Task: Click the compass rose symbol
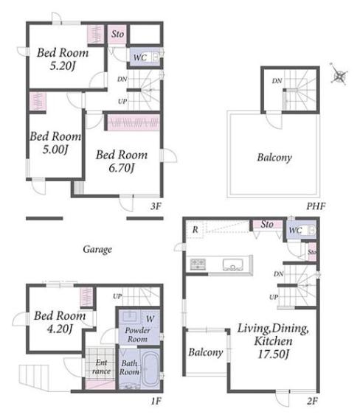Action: [x=339, y=74]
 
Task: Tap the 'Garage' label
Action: [x=97, y=250]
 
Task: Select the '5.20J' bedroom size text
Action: [x=62, y=66]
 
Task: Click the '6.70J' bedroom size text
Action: [x=121, y=168]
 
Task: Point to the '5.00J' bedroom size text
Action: [x=55, y=150]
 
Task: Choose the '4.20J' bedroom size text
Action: [x=60, y=329]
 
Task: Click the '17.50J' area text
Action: [x=273, y=354]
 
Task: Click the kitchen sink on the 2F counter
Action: [x=233, y=265]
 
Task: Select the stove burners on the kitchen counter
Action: [x=198, y=264]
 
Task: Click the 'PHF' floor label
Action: [x=316, y=206]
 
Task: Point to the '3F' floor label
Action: [x=156, y=206]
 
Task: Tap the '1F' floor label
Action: [x=156, y=401]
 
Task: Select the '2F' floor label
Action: [x=313, y=401]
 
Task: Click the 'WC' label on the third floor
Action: [x=140, y=57]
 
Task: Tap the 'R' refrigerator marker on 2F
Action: [x=195, y=230]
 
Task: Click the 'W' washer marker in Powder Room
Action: [x=150, y=319]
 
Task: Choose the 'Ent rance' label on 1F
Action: [x=101, y=367]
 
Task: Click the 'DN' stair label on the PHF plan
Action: [x=277, y=80]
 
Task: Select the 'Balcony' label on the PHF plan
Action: [x=274, y=158]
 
